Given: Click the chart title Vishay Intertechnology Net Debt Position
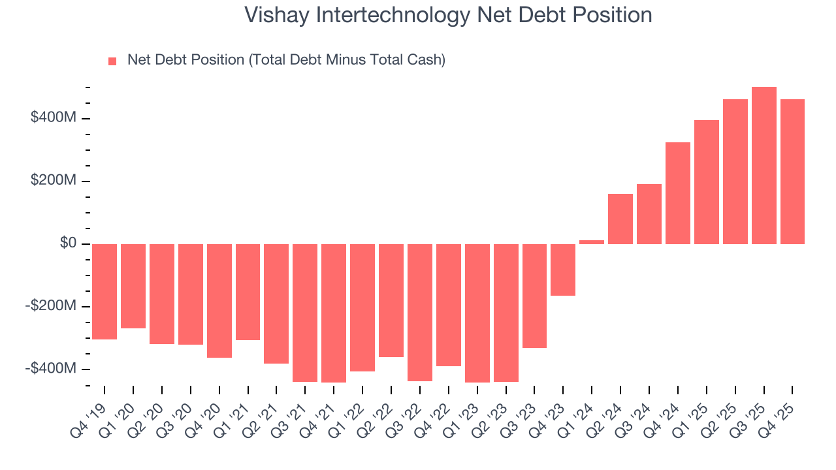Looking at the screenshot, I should [448, 15].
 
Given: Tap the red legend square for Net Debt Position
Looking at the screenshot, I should [112, 61].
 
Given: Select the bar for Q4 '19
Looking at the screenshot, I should [104, 292].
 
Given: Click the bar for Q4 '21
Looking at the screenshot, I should [334, 313].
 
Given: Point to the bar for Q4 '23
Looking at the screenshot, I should [563, 270].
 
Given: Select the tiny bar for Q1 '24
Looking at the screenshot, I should [592, 242].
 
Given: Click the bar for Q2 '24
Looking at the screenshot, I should [620, 219].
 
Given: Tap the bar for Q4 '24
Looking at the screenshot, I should [677, 193].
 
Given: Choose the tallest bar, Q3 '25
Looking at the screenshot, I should [764, 165].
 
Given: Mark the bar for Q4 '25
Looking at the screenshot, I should [792, 172].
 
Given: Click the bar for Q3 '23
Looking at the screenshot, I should [534, 296].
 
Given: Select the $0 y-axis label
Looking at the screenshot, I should [68, 243].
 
